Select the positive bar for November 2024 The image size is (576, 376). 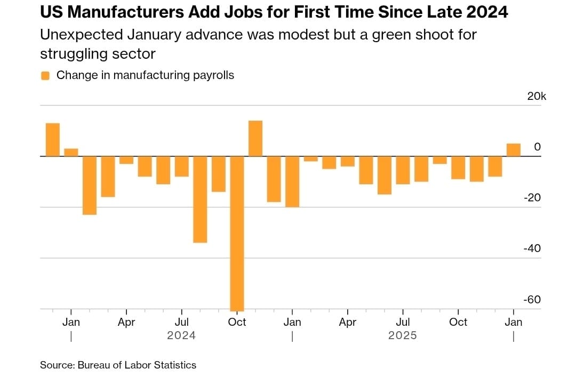pyautogui.click(x=255, y=139)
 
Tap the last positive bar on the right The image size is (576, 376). pyautogui.click(x=514, y=150)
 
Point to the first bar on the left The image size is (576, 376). pyautogui.click(x=52, y=140)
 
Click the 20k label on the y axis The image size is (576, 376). pyautogui.click(x=537, y=96)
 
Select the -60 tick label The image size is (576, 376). pyautogui.click(x=532, y=300)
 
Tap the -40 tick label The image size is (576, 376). pyautogui.click(x=532, y=249)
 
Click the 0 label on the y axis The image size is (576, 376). pyautogui.click(x=538, y=147)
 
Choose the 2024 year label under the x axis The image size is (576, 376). pyautogui.click(x=181, y=336)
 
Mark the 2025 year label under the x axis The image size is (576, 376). pyautogui.click(x=403, y=336)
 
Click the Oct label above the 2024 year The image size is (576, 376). pyautogui.click(x=237, y=322)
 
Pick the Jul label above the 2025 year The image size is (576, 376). pyautogui.click(x=403, y=322)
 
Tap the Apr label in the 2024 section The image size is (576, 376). pyautogui.click(x=126, y=322)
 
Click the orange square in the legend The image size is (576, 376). pyautogui.click(x=45, y=75)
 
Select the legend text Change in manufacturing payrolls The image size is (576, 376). pyautogui.click(x=145, y=75)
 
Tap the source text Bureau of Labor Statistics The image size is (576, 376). pyautogui.click(x=137, y=365)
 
